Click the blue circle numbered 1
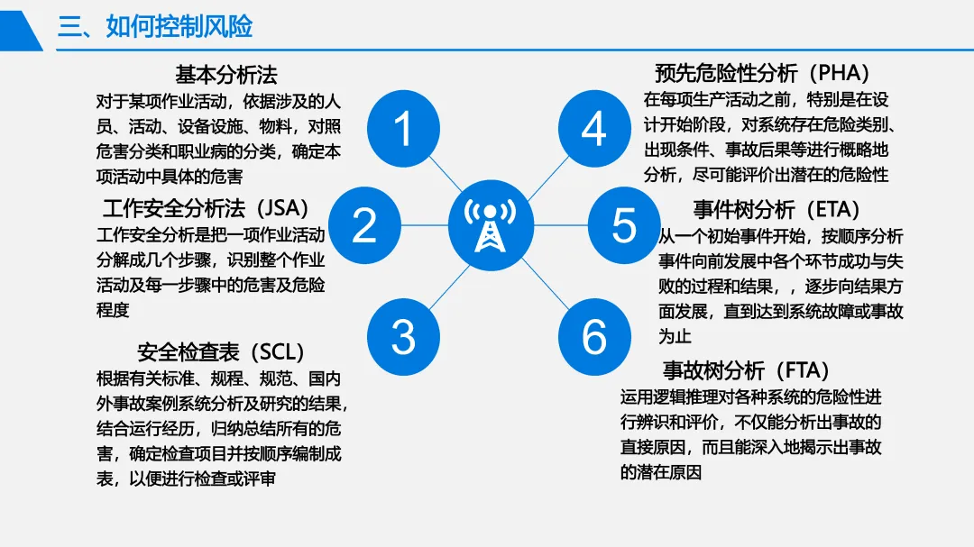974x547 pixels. pos(403,129)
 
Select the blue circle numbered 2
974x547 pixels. pos(364,225)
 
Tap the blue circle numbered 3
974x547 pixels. pos(403,337)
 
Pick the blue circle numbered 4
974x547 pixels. pos(594,129)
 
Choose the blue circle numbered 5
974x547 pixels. pos(624,225)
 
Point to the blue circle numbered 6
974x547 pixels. pos(594,337)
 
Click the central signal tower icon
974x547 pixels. pos(491,225)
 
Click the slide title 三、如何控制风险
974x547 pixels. pos(155,27)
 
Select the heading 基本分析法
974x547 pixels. pos(226,75)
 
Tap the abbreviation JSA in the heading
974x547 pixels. pos(282,208)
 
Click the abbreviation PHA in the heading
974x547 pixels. pos(840,73)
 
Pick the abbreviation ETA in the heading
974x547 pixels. pos(834,209)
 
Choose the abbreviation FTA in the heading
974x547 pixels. pos(804,370)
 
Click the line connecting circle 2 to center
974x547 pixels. pos(425,225)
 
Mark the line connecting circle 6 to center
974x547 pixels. pos(545,284)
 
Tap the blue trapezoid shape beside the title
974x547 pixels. pos(21,31)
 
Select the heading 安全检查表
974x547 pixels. pos(188,352)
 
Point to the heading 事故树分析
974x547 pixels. pos(713,370)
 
